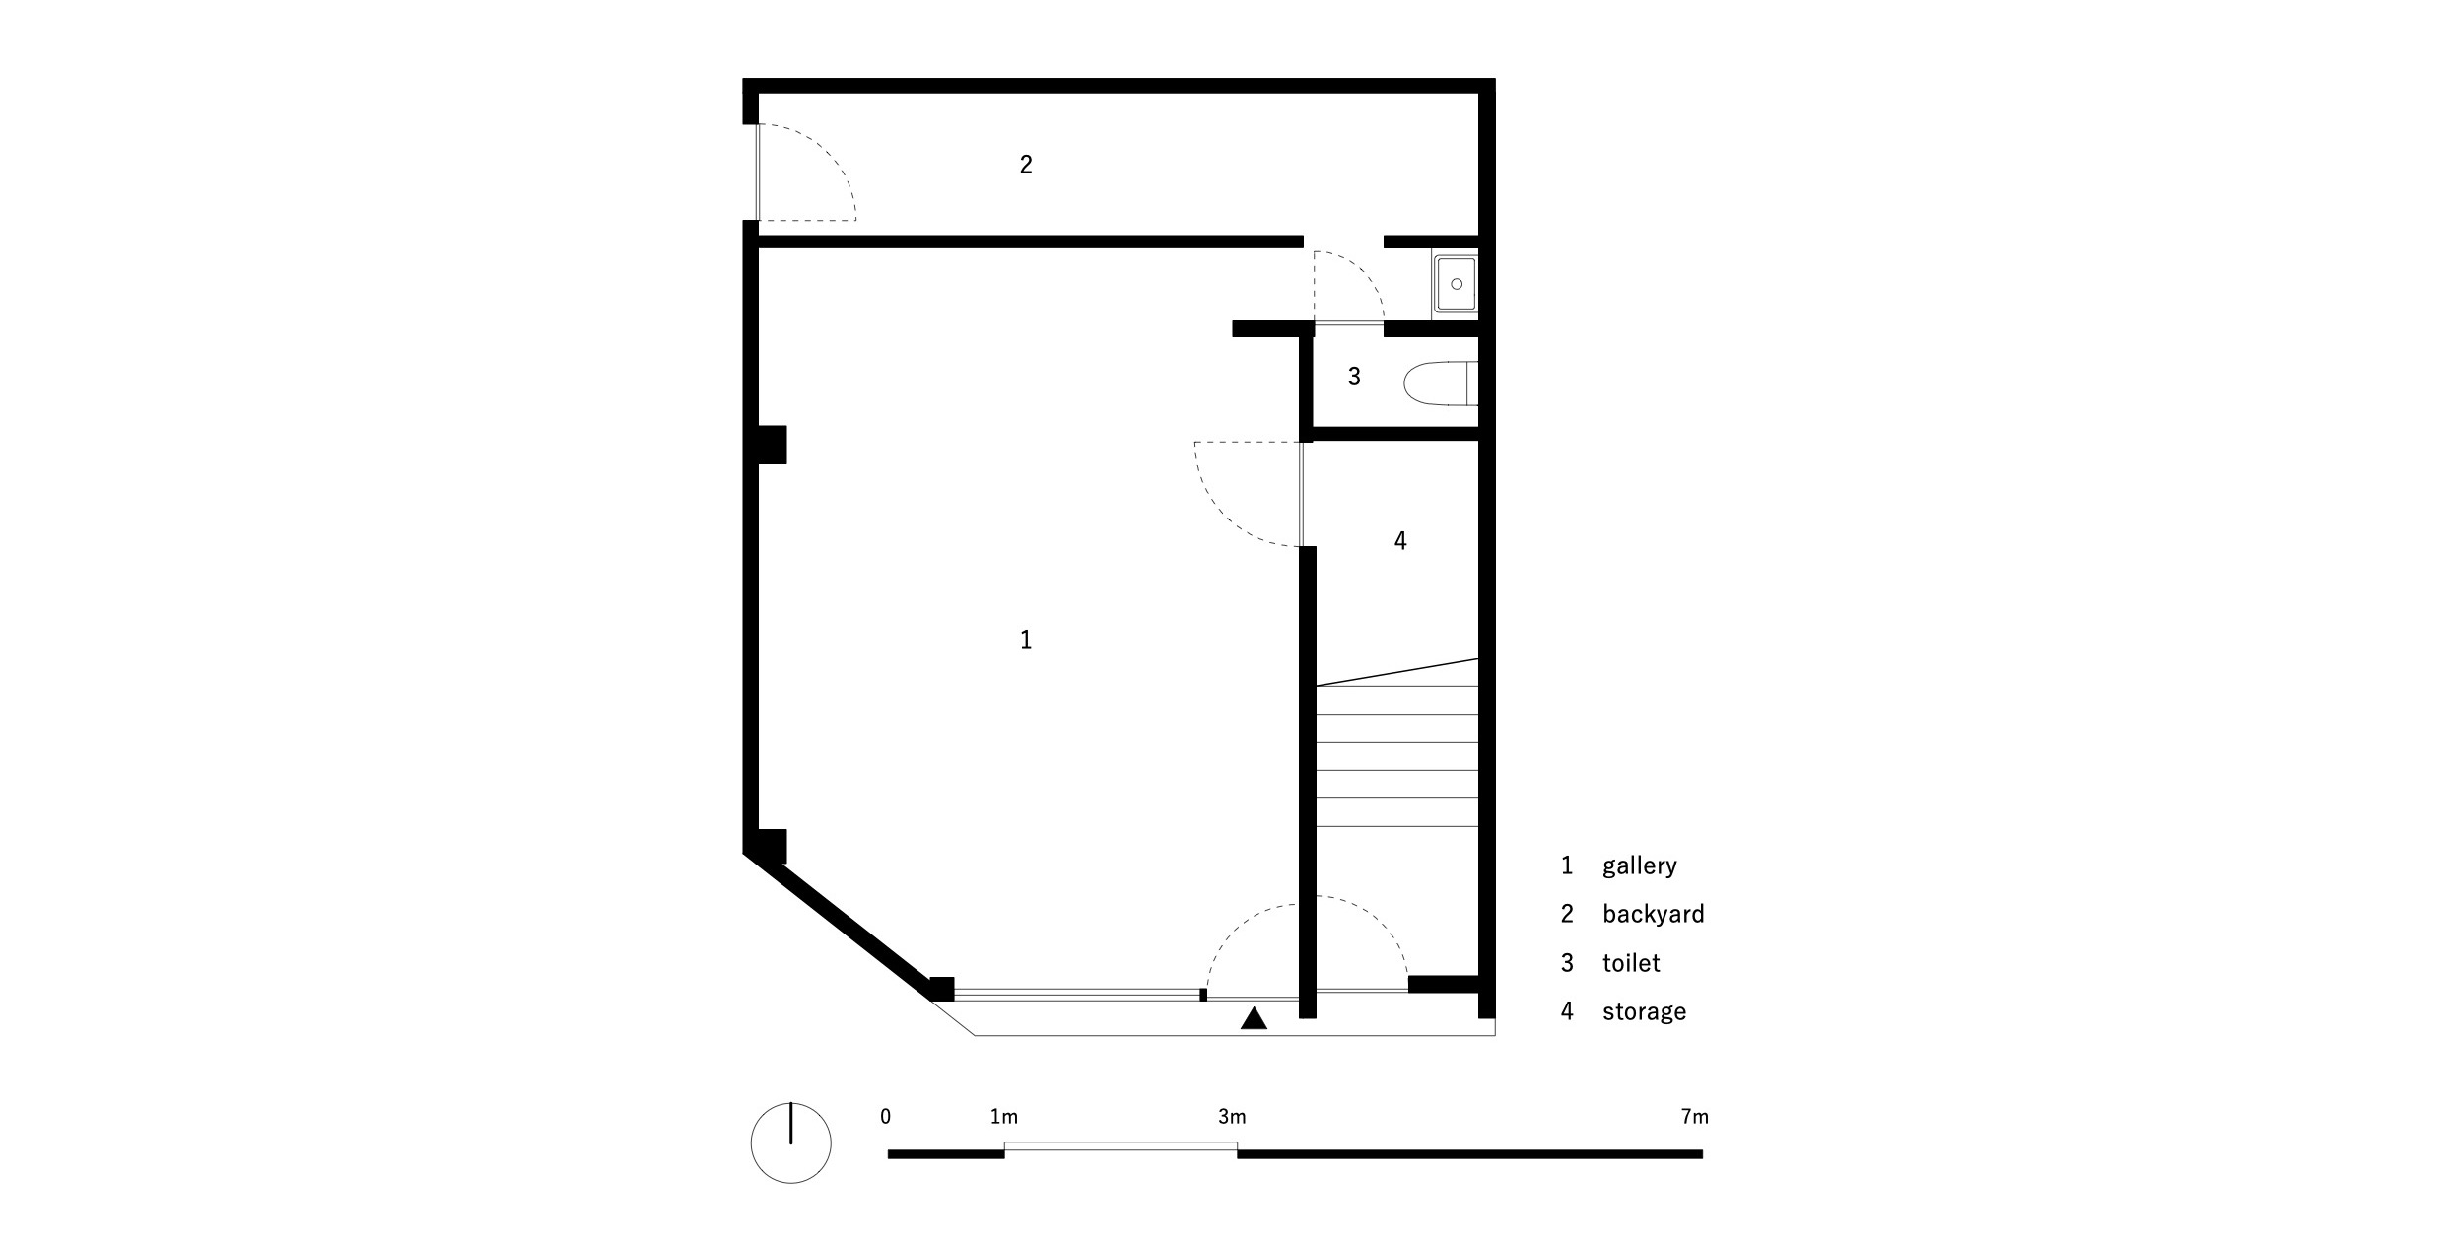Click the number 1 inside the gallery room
point(1026,640)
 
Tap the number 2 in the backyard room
point(1026,165)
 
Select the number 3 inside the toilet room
point(1354,376)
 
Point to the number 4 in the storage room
point(1400,540)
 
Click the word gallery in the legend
point(1640,866)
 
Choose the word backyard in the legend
point(1654,914)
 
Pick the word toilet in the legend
point(1631,962)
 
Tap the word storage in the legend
point(1645,1011)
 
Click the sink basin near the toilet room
point(1456,284)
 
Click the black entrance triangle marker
point(1254,1018)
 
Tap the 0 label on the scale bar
point(886,1117)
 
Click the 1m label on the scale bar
point(1004,1117)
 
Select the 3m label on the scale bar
point(1232,1117)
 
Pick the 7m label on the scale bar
point(1695,1117)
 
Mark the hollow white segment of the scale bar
point(1121,1145)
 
